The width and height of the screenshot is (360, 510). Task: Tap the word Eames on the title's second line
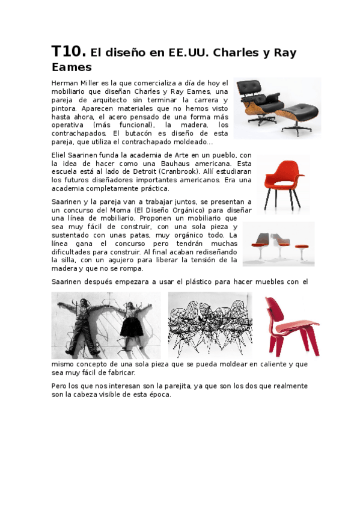[x=71, y=67]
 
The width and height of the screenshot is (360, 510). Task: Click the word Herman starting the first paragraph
[x=65, y=83]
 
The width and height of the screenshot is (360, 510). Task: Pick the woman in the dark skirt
[x=132, y=322]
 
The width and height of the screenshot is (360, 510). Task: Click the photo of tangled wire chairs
[x=210, y=325]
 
